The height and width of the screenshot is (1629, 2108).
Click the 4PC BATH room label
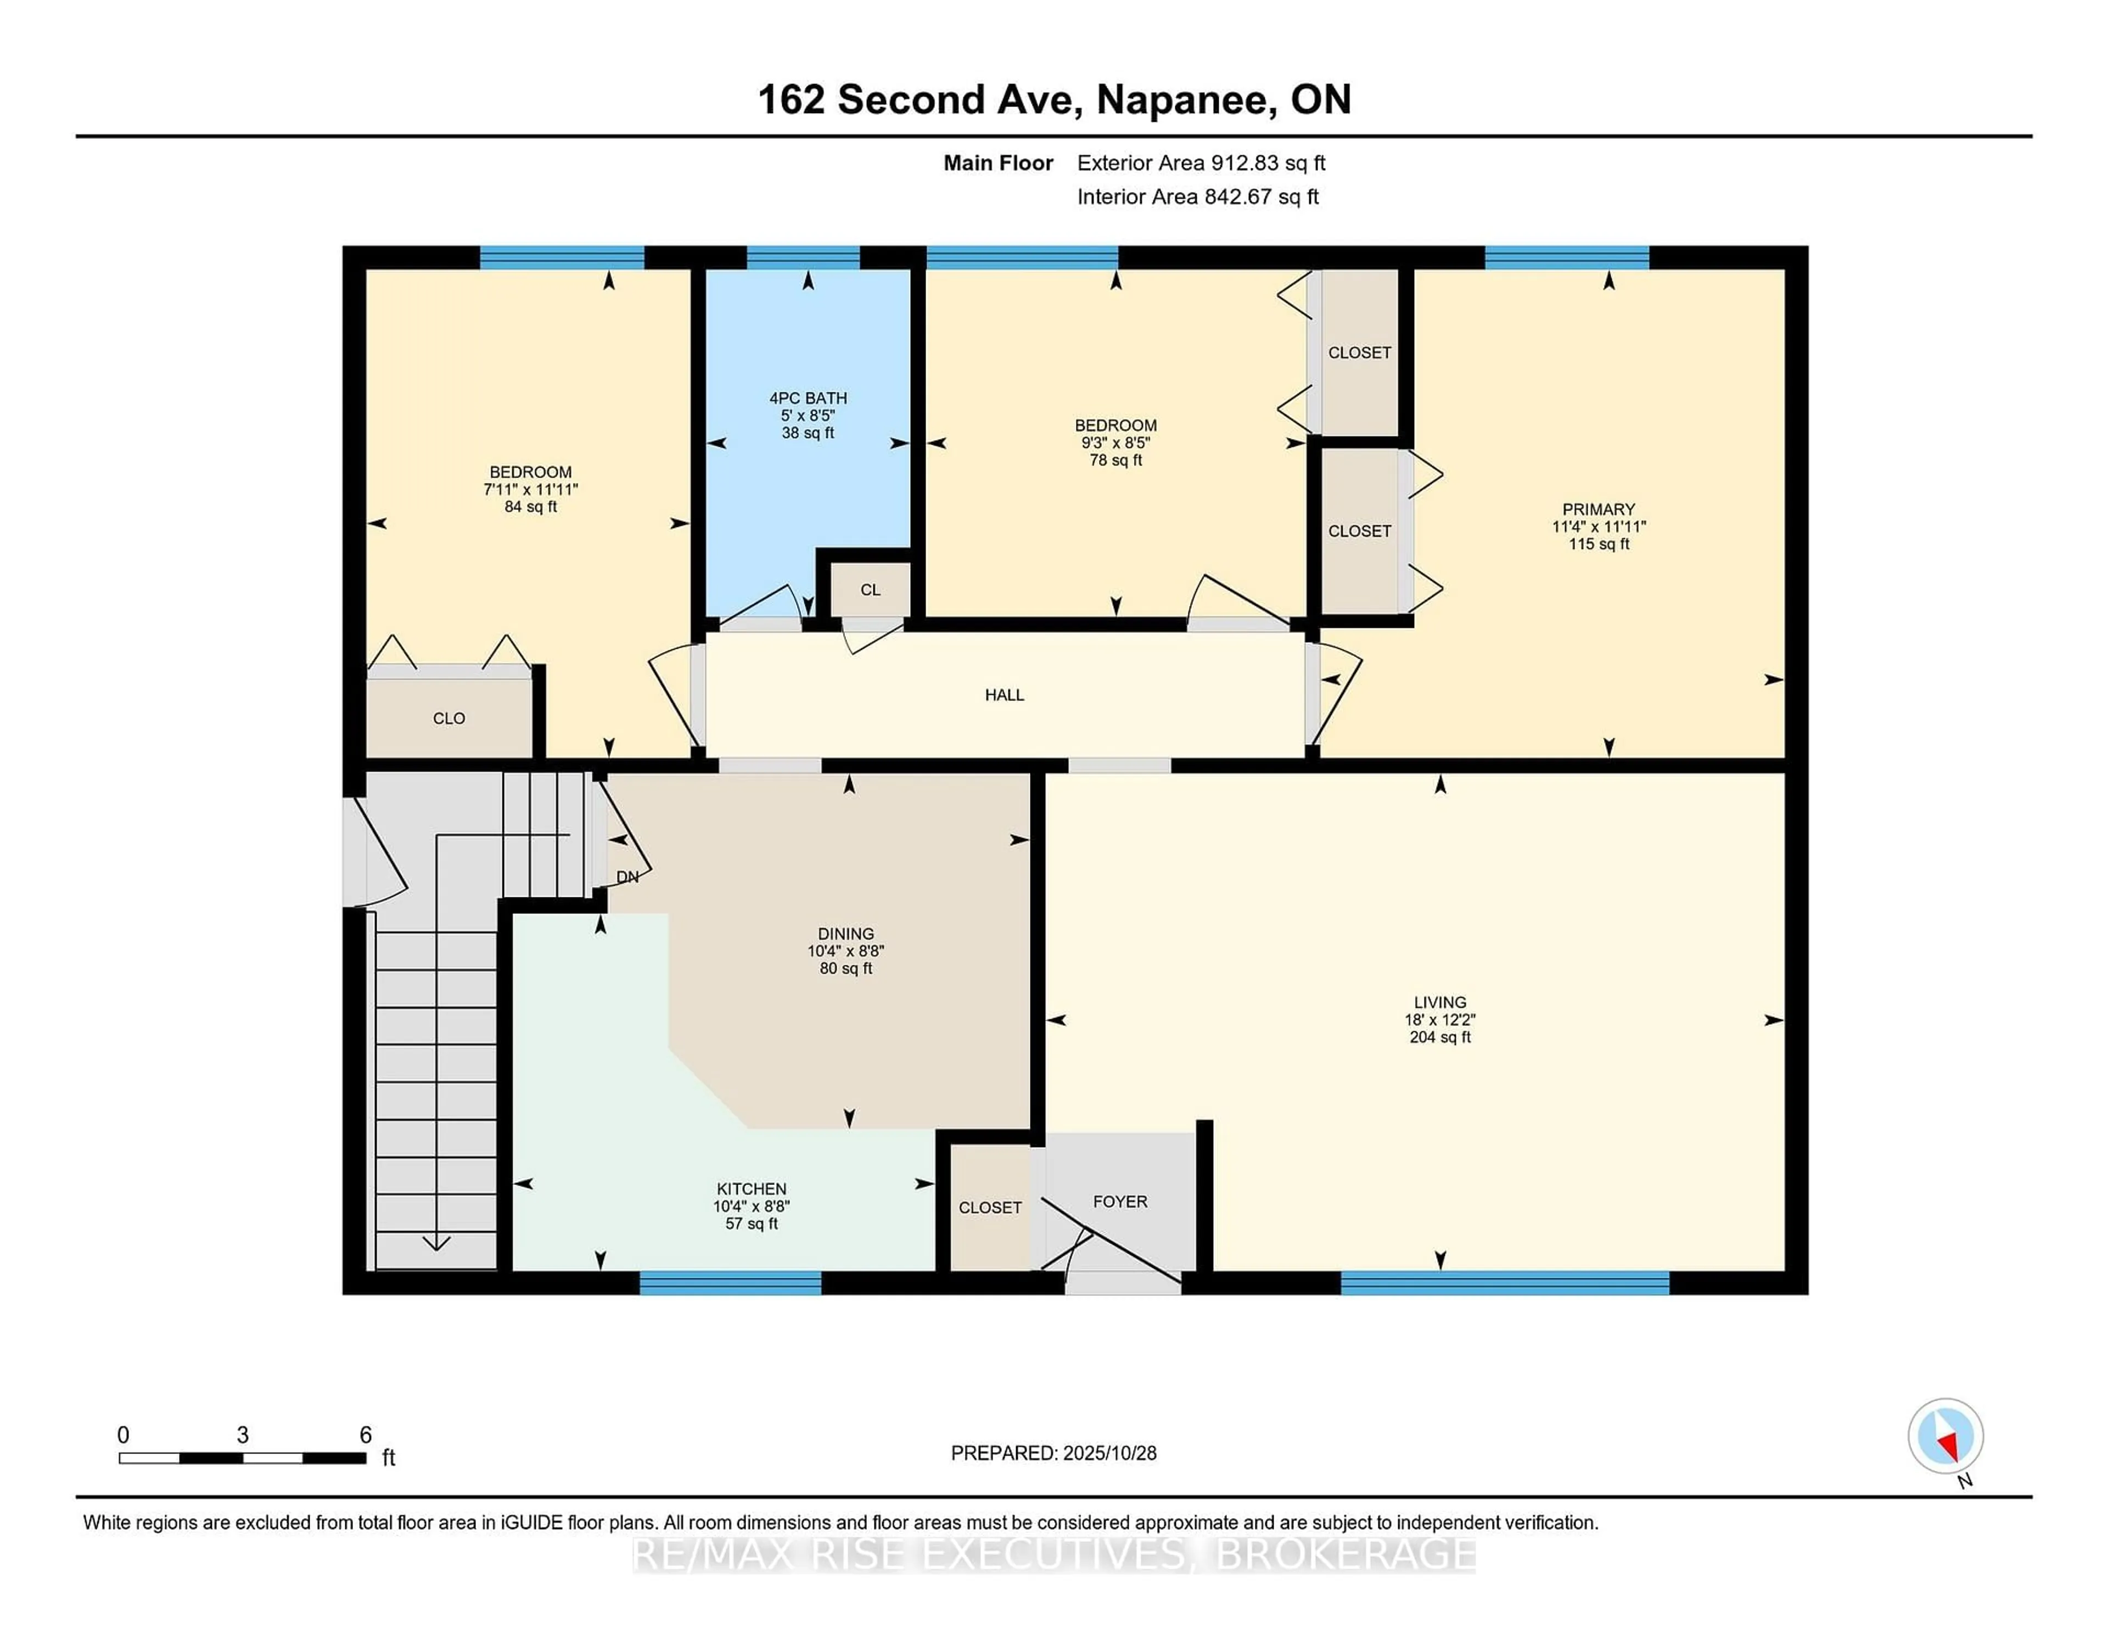pos(808,397)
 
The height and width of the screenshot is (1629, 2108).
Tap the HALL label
pos(1004,695)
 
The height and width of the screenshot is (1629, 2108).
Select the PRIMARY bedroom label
pos(1599,509)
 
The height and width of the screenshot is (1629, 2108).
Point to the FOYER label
pos(1120,1201)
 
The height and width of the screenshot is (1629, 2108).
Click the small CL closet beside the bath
pos(870,589)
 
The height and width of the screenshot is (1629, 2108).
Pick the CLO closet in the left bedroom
pos(449,718)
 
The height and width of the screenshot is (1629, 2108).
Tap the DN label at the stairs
pos(627,877)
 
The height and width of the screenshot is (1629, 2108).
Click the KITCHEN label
pos(751,1189)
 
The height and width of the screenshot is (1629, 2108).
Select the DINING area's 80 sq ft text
pos(845,968)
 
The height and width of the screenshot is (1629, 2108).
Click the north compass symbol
pos(1945,1436)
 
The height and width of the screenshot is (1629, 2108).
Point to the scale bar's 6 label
pos(365,1435)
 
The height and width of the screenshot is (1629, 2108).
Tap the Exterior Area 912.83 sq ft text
pos(1201,163)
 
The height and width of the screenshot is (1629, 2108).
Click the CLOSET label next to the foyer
pos(989,1207)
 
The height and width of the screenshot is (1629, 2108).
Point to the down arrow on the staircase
pos(436,1243)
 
